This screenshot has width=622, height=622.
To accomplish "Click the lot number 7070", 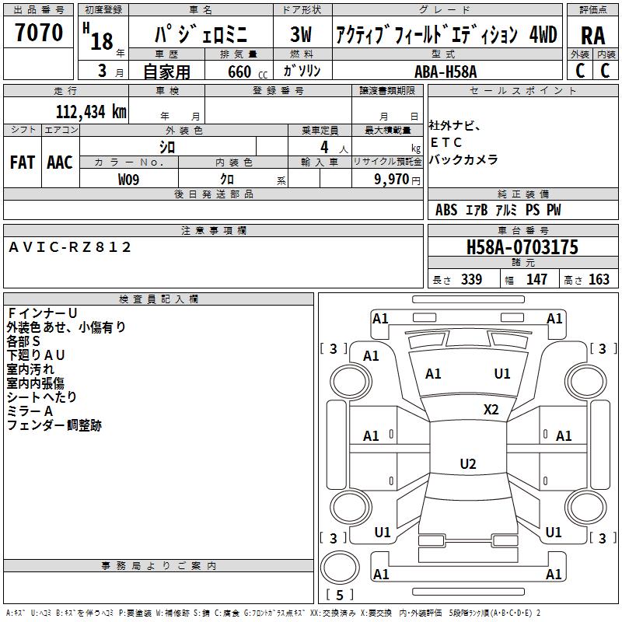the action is tap(39, 33).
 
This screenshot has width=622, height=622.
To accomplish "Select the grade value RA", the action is tap(593, 36).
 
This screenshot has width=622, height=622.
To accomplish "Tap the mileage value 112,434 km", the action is tap(91, 112).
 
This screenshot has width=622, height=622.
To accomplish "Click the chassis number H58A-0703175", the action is tap(522, 248).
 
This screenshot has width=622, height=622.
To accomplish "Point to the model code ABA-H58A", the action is tap(446, 72).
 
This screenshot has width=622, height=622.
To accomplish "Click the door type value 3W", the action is tap(301, 35).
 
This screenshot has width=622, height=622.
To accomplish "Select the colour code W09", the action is tap(129, 180).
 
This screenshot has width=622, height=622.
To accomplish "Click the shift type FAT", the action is tap(22, 162).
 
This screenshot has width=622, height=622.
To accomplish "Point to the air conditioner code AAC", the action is tap(60, 162).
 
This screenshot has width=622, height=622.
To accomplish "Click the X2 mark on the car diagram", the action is tap(491, 410).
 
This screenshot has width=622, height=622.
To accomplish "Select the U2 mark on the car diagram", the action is tap(468, 464).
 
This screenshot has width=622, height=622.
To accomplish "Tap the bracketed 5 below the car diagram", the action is tap(340, 596).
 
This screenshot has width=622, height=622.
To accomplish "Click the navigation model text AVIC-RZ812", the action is tap(70, 247).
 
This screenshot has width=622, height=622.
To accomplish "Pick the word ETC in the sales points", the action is tap(446, 143).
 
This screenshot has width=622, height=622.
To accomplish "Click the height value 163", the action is tap(599, 280).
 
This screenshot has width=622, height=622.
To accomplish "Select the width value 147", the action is tap(536, 280).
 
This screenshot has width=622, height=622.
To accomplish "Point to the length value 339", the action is tap(471, 280).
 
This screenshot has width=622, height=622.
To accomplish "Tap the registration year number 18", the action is tap(102, 40).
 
